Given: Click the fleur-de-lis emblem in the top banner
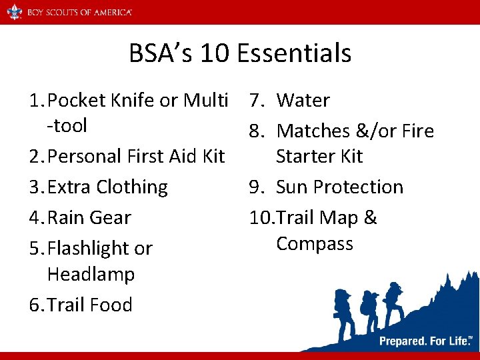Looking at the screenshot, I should pos(15,12).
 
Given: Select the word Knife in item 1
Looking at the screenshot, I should pos(132,101).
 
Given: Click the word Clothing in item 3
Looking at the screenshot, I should pos(132,187).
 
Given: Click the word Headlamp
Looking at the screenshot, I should pos(91,275).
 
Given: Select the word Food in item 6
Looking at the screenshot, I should pos(111,305).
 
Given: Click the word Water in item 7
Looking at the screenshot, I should pos(303,101).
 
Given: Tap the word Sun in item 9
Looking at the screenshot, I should pos(292,187).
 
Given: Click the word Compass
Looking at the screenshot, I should pos(315,244).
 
